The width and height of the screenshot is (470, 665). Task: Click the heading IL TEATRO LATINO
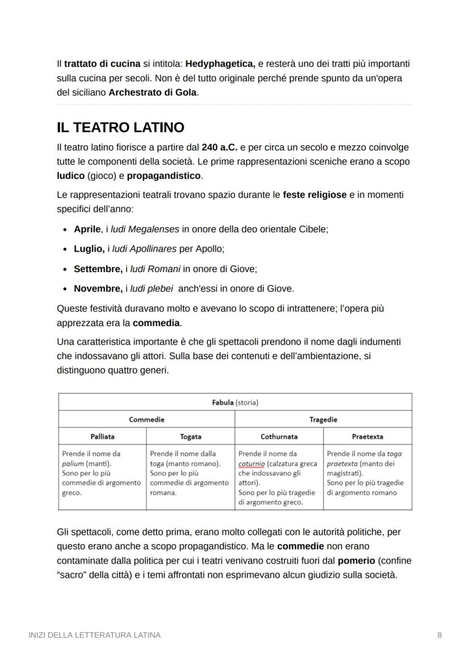pos(120,127)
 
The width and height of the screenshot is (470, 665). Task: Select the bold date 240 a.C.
pos(220,147)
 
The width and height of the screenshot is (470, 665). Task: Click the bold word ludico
pos(70,175)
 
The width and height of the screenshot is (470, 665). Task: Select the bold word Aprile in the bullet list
pos(87,229)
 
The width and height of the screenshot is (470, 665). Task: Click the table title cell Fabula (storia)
pos(235,403)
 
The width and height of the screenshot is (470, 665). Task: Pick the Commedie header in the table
pos(146,420)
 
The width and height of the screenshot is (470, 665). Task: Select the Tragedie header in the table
pos(323,420)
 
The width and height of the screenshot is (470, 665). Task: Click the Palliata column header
pos(102,437)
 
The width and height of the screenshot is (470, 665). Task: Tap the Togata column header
pos(190,437)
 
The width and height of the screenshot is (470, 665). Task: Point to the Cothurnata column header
pos(279,437)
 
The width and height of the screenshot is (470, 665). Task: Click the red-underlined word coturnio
pos(251,463)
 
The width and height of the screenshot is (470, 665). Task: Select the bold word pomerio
pos(356,561)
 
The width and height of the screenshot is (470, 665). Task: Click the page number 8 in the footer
pos(439,635)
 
